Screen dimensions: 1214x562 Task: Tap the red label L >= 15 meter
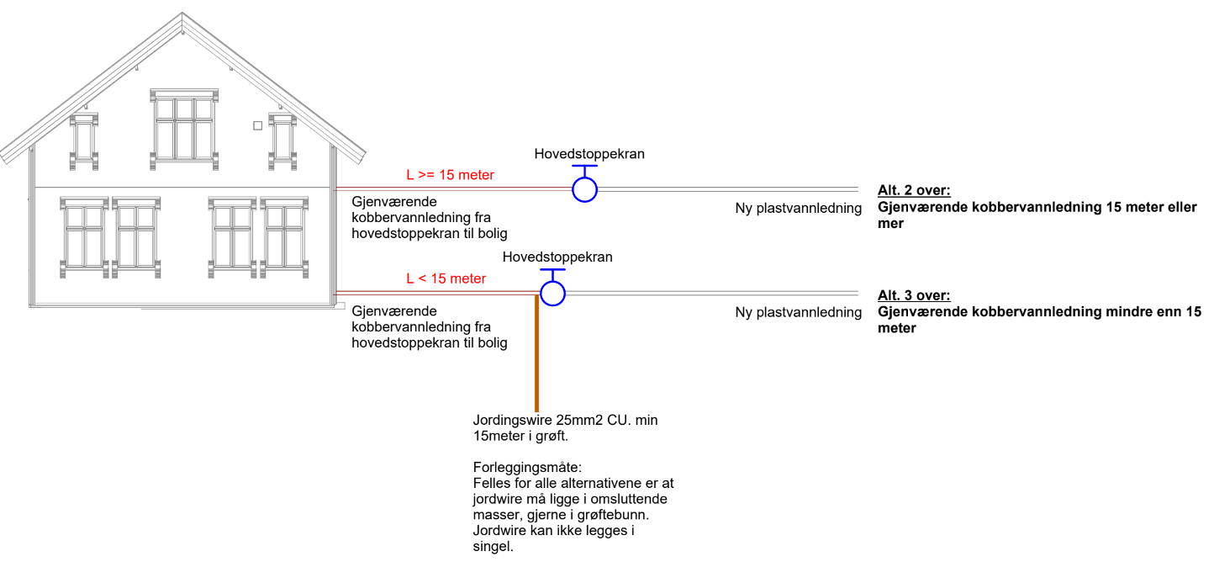coord(450,175)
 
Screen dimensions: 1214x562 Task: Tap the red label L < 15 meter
coord(446,278)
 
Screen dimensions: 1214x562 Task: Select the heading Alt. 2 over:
coord(914,190)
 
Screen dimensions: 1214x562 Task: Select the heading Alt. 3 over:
coord(914,295)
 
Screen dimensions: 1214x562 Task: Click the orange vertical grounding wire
coord(536,353)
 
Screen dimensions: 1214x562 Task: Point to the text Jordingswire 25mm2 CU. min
coord(565,421)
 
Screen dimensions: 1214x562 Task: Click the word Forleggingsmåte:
coord(527,468)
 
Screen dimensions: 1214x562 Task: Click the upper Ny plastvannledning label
coord(799,209)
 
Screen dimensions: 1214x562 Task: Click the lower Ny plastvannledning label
coord(799,312)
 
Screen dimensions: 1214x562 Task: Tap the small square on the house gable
coord(258,126)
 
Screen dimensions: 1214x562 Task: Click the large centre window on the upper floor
coord(184,129)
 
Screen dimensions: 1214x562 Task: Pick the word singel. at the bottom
coord(494,547)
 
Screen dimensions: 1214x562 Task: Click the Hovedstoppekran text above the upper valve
coord(589,154)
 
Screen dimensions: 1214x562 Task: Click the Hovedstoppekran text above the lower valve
coord(557,257)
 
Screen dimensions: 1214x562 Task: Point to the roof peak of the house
coord(182,13)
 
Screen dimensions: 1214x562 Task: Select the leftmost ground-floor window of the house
coord(84,237)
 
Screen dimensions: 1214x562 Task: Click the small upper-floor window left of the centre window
coord(84,141)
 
